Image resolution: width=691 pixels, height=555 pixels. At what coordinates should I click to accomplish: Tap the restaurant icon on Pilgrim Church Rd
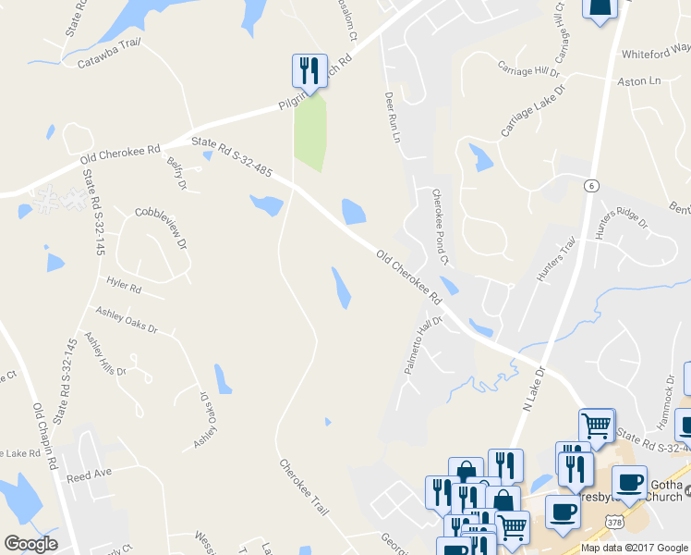[309, 70]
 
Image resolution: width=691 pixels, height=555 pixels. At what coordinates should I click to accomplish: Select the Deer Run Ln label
[392, 116]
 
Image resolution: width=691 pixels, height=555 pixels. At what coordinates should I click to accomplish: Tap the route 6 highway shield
[588, 186]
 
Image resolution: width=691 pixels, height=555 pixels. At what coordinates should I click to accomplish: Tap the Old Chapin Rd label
[45, 434]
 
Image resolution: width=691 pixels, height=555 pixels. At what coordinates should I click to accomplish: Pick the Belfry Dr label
[176, 174]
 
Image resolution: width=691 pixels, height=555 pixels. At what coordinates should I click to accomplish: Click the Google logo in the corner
[30, 544]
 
